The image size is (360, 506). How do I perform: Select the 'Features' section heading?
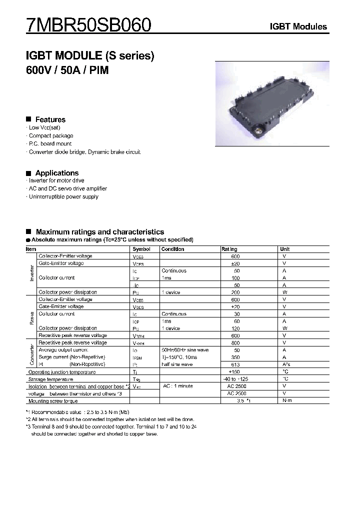pos(50,119)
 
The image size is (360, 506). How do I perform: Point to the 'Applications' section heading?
pos(56,173)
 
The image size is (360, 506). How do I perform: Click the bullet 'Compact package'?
pos(50,136)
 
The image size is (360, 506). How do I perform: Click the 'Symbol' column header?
pos(141,249)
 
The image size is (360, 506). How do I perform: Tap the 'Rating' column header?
pos(229,249)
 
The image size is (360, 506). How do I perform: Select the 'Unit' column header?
pos(284,249)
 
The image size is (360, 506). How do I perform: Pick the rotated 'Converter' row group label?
pos(32,354)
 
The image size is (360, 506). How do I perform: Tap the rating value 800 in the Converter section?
pos(235,343)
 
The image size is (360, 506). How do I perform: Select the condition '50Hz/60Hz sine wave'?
pos(185,350)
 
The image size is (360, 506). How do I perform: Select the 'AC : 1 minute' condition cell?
pos(177,386)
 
